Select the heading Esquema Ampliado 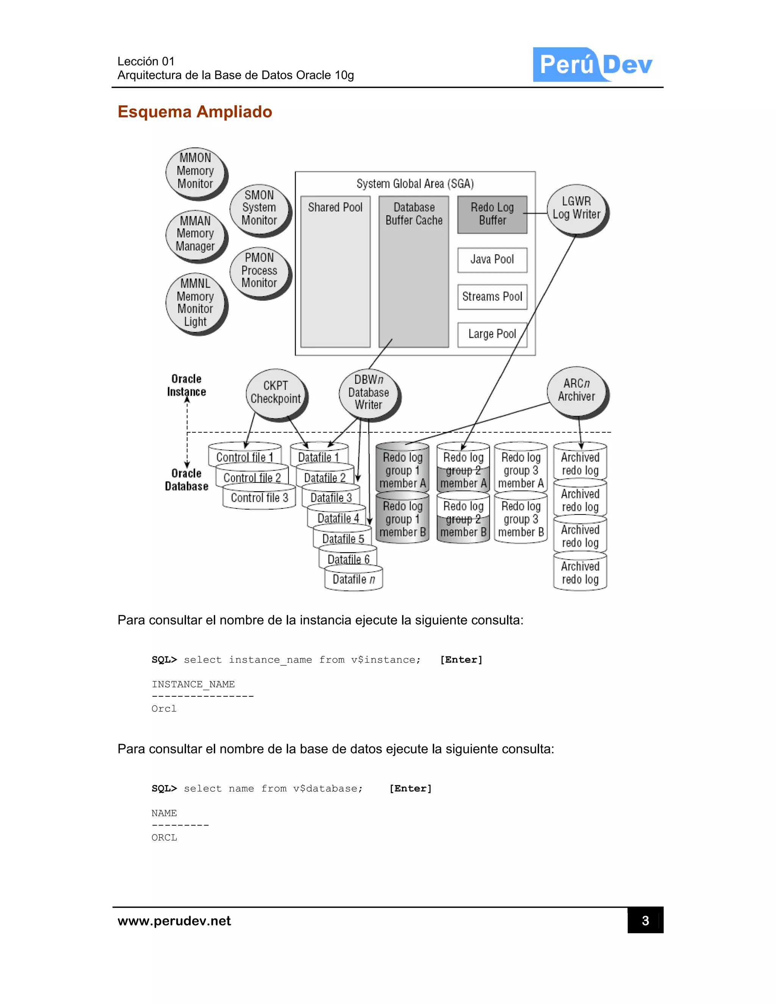tap(194, 112)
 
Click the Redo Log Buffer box tap(492, 214)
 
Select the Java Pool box tap(492, 260)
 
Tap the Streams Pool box tap(492, 297)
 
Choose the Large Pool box tap(492, 334)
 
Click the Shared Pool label tap(335, 208)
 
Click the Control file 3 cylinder tap(259, 498)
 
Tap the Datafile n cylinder tap(354, 580)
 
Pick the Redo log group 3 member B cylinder tap(521, 519)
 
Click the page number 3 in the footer tap(645, 920)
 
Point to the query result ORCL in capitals tap(164, 838)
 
